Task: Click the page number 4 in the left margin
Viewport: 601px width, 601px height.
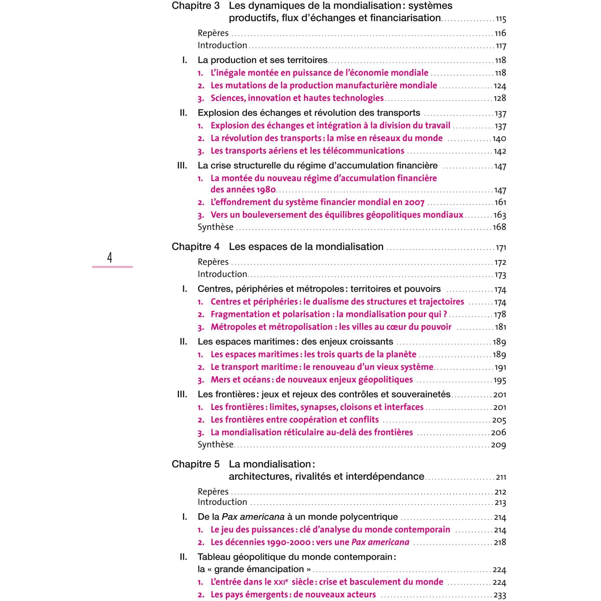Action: click(x=109, y=258)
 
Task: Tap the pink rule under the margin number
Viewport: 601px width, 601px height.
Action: click(x=112, y=267)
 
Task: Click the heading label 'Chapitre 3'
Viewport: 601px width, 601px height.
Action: click(x=195, y=6)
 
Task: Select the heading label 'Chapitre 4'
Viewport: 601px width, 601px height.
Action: click(x=195, y=247)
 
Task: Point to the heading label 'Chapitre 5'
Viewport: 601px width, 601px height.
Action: click(x=195, y=464)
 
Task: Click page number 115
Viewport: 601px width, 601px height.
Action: click(x=501, y=19)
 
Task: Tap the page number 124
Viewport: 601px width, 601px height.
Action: click(x=500, y=86)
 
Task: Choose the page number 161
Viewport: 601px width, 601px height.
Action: click(x=500, y=202)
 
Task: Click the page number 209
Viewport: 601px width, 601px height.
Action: click(x=499, y=445)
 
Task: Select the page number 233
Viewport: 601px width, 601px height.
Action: click(x=500, y=595)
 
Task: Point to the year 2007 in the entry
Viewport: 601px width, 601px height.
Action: click(x=414, y=202)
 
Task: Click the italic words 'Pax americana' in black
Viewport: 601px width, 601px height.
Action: click(x=253, y=517)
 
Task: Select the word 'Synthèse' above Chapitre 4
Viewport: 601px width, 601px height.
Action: click(x=216, y=227)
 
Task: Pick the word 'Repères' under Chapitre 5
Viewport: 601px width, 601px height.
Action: click(x=213, y=492)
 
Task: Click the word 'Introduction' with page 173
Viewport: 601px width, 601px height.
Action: click(x=222, y=274)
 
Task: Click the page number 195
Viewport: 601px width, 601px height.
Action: click(x=500, y=380)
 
